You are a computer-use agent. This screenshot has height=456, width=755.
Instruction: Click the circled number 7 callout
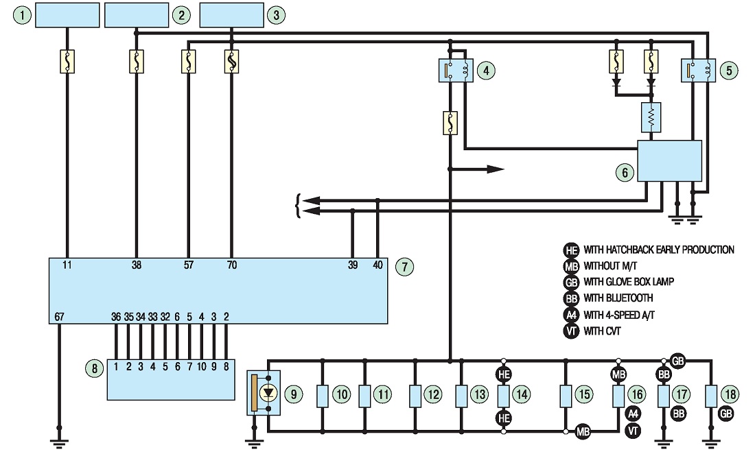coord(404,267)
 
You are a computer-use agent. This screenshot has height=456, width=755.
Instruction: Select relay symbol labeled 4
coord(456,70)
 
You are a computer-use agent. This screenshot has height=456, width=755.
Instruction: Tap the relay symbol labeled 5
coord(699,70)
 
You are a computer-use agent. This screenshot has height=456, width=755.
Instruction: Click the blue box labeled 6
coord(669,160)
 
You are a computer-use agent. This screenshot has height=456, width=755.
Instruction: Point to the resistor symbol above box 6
coord(651,117)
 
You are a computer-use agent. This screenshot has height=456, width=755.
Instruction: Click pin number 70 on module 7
coord(231,265)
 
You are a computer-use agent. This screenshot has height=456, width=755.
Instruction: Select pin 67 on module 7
coord(59,317)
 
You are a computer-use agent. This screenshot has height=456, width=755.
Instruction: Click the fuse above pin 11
coord(67,61)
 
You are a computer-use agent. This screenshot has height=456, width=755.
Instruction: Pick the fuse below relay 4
coord(450,123)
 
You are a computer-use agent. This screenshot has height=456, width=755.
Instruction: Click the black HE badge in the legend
coord(571,250)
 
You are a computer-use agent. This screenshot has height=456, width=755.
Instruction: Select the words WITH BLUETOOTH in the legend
coord(618,298)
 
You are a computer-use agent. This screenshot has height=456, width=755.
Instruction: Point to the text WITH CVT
coord(602,331)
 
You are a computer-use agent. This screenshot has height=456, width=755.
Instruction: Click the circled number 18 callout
coord(730,395)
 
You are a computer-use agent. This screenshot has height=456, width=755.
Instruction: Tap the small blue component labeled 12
coord(415,396)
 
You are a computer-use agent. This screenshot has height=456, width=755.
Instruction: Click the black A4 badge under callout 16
coord(634,413)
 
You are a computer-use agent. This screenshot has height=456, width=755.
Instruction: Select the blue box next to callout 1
coord(67,15)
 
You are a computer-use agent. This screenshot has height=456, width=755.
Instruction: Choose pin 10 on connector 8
coord(201,367)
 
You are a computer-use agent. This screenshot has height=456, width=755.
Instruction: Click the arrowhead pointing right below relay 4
coord(496,169)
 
